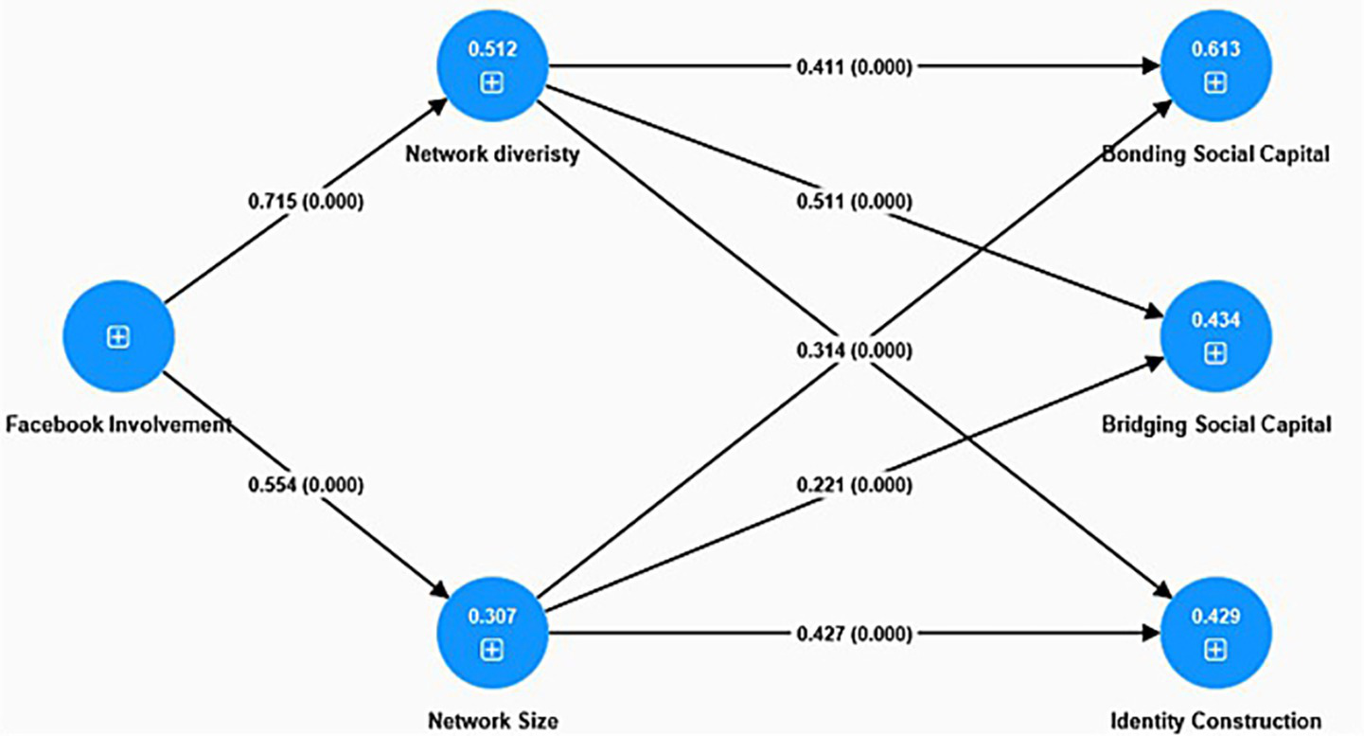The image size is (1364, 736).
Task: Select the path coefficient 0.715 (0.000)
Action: click(x=306, y=202)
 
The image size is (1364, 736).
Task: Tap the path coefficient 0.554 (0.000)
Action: click(x=306, y=485)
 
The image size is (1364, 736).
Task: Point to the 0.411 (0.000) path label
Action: click(x=854, y=66)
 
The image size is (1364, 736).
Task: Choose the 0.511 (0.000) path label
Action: click(x=854, y=202)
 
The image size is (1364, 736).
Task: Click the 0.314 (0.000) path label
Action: click(x=854, y=351)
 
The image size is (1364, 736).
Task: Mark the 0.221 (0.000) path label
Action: click(x=854, y=485)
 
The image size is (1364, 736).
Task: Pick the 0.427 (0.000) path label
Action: click(x=854, y=634)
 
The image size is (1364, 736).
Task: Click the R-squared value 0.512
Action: click(x=491, y=49)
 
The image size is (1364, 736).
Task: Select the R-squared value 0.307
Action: click(x=491, y=617)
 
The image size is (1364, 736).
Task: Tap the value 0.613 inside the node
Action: click(x=1215, y=49)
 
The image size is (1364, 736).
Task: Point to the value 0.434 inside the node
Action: click(x=1215, y=319)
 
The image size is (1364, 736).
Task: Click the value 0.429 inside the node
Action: click(x=1215, y=617)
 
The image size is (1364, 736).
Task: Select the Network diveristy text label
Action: click(x=491, y=154)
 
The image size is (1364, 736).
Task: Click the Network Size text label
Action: click(x=491, y=720)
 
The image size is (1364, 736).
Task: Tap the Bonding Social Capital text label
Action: click(x=1215, y=154)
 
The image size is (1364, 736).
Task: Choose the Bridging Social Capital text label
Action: click(x=1215, y=424)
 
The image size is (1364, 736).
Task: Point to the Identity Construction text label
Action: click(x=1215, y=720)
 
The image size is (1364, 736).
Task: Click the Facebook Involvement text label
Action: click(x=118, y=424)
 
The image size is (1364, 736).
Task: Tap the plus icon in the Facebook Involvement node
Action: click(x=118, y=337)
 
